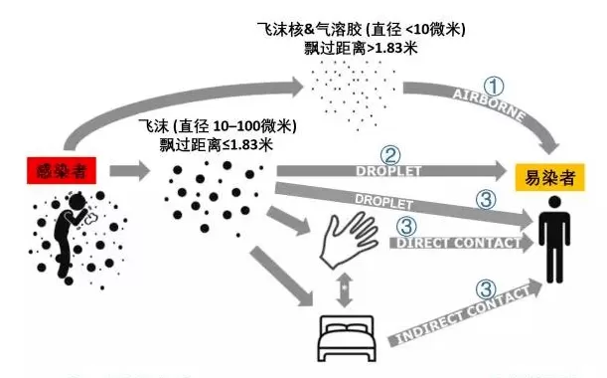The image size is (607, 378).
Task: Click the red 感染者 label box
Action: pos(62,170)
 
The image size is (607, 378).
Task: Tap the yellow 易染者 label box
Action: pos(549,178)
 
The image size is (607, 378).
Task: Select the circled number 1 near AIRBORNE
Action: pos(494,87)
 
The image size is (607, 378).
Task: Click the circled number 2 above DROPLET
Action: pos(390,155)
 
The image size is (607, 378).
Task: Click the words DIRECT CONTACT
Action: pos(458,243)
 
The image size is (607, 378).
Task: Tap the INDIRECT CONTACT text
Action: pos(463,314)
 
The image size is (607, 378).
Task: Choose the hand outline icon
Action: pos(349,240)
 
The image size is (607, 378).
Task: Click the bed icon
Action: pos(347,339)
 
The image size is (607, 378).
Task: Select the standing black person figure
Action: pos(554,239)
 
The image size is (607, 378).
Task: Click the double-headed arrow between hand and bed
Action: pos(345,290)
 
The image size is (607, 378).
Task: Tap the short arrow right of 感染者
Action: pos(130,170)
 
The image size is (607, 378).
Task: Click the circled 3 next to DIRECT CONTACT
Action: pos(407,226)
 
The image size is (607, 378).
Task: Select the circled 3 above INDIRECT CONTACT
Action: pos(486,288)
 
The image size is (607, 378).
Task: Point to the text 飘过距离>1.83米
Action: pos(361,49)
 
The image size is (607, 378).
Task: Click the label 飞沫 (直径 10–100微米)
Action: pos(218,126)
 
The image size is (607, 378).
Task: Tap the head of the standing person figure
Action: pos(554,202)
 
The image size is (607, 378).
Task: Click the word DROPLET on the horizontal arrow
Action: pos(388,171)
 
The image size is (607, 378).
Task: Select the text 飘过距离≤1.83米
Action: pos(217,145)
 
